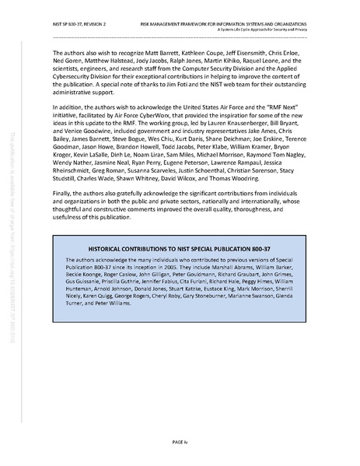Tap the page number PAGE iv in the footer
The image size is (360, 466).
pyautogui.click(x=180, y=440)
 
